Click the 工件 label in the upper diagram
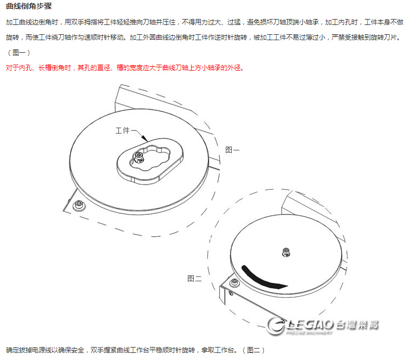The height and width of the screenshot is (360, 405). pos(123,131)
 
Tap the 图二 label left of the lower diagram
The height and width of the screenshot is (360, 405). pos(194,279)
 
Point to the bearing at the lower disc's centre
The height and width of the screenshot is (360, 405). pos(286,251)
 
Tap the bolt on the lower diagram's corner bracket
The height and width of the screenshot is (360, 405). pos(235,283)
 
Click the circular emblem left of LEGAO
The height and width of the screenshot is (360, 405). pos(279,326)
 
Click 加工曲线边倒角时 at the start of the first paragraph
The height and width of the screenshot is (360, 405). pos(32,23)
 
